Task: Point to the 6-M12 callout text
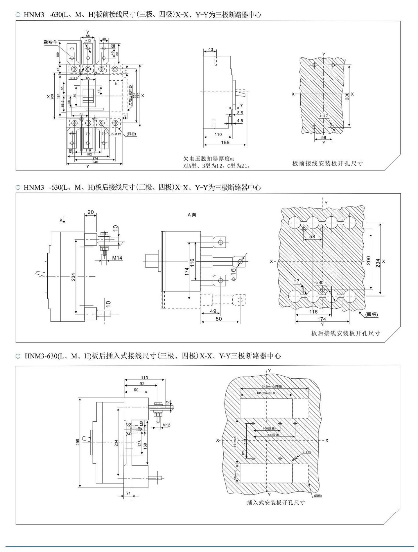point(116,134)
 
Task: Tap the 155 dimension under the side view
point(225,142)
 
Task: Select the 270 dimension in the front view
point(139,95)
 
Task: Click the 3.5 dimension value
point(240,113)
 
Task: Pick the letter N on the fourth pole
point(116,84)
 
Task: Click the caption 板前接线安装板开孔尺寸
point(327,163)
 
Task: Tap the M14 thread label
point(117,258)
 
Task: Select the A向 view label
point(192,215)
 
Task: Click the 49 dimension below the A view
point(213,311)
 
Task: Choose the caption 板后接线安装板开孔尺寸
point(345,333)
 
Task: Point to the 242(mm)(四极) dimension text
point(272,386)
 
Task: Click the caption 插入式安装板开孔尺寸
point(276,503)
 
